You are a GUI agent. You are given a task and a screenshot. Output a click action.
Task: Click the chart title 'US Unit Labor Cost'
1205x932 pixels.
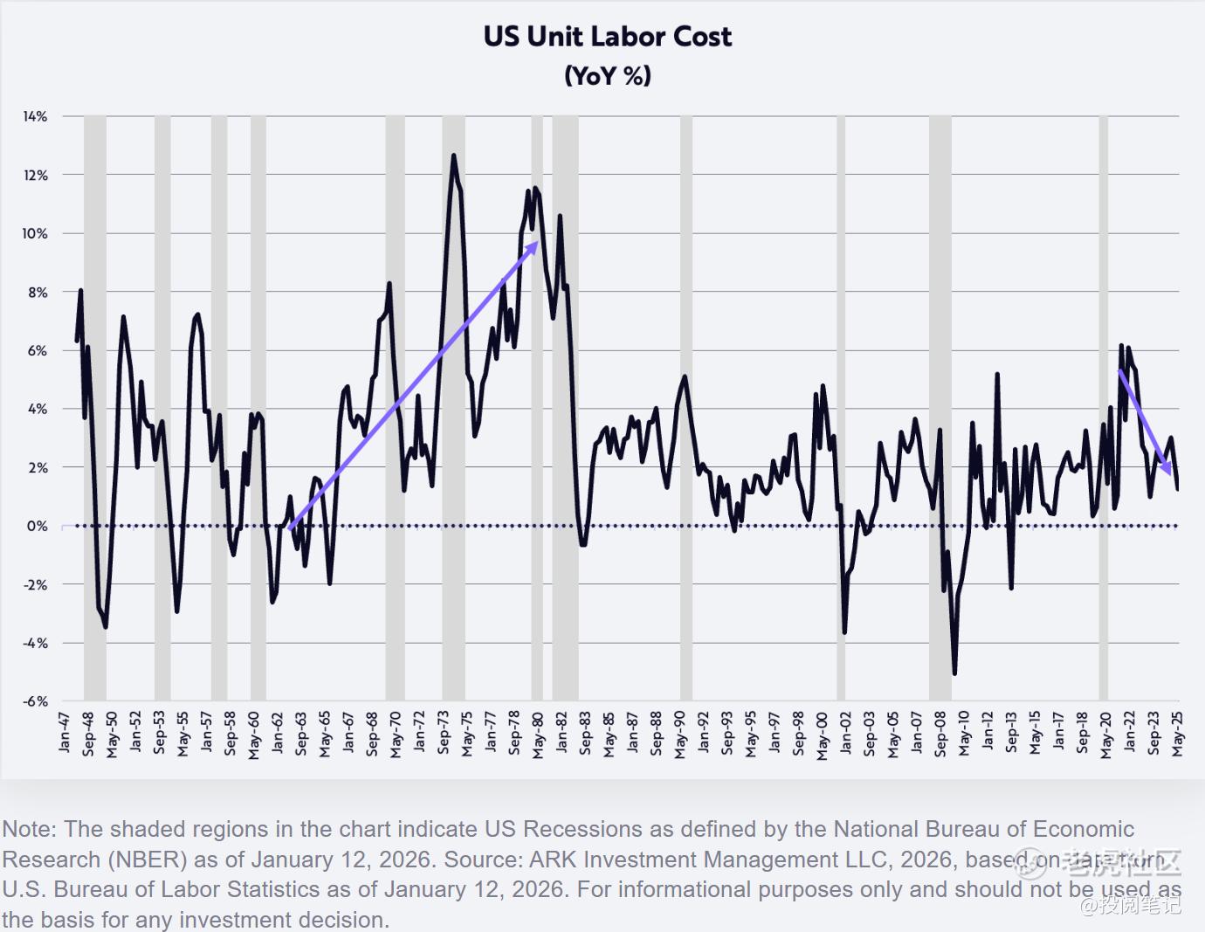click(x=608, y=37)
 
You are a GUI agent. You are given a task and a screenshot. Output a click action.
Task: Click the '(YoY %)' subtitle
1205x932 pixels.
click(x=608, y=76)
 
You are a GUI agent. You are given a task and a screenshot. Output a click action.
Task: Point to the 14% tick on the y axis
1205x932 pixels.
click(x=36, y=116)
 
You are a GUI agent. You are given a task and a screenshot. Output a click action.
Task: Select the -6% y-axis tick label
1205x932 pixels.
click(x=36, y=701)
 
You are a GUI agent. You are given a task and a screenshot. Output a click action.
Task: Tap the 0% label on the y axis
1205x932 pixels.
click(x=38, y=526)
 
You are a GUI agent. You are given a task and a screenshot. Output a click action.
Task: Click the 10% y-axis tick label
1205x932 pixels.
click(x=36, y=233)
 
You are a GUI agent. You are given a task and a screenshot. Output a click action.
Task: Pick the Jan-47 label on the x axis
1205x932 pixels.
click(x=64, y=732)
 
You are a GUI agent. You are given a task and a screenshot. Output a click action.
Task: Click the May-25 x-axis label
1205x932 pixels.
click(x=1177, y=732)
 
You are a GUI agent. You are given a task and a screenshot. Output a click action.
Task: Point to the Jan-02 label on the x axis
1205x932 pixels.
click(x=845, y=732)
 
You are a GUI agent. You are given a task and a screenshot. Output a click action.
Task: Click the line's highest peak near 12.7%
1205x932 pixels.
click(x=453, y=156)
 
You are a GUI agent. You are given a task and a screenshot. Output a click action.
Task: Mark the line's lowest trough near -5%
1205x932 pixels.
click(x=954, y=673)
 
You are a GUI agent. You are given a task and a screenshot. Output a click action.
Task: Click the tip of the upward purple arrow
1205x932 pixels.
click(x=537, y=243)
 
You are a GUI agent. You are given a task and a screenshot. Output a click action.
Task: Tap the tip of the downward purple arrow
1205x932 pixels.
click(x=1170, y=474)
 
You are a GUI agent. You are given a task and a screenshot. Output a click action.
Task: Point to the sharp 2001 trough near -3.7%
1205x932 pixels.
click(x=844, y=632)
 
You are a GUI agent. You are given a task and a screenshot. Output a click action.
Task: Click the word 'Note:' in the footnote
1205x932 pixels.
click(x=30, y=829)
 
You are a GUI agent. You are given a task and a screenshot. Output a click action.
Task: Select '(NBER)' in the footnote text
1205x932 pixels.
click(x=148, y=860)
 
